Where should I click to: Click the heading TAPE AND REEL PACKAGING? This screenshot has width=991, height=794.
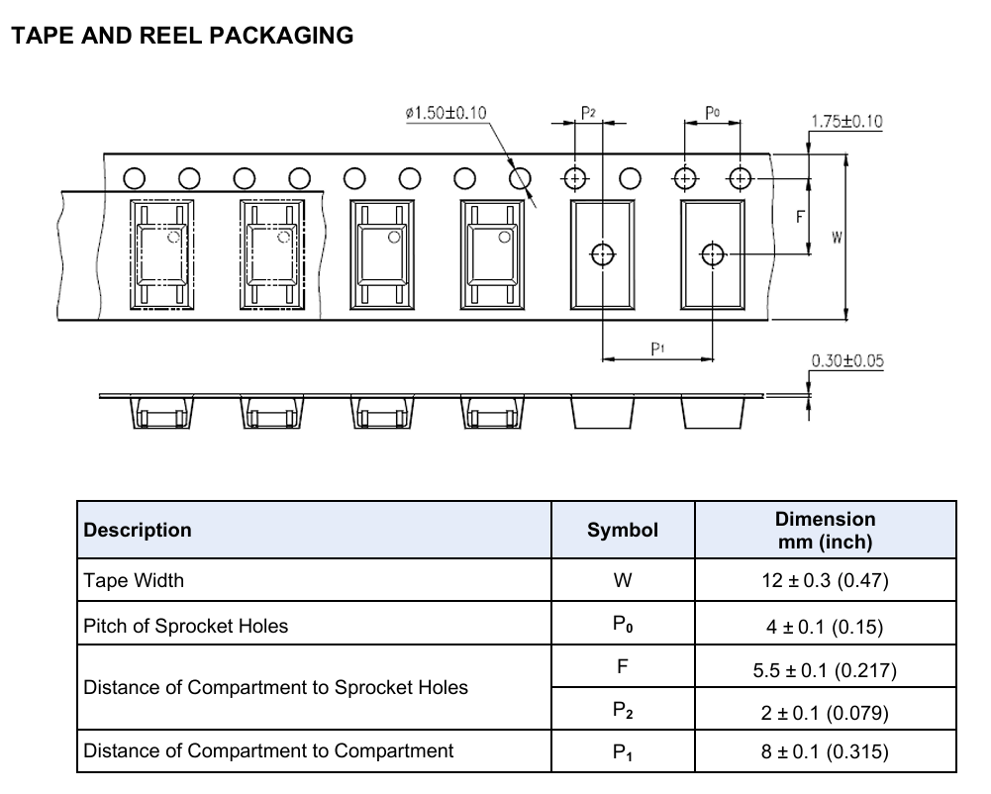pos(182,36)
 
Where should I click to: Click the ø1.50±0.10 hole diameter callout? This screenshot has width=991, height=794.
pos(446,113)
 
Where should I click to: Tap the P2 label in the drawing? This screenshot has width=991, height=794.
pos(588,113)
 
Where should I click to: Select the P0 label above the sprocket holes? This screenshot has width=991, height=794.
pos(712,113)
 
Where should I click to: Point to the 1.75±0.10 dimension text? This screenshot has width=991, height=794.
pos(846,122)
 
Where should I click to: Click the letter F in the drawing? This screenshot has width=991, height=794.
pos(800,217)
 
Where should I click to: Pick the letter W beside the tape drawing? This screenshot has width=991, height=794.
pos(837,238)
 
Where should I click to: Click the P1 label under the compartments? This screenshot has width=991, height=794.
pos(658,348)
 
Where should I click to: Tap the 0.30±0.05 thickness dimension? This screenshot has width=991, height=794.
pos(847,361)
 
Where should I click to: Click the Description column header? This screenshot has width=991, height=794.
pos(138,530)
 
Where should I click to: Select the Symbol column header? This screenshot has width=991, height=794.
pos(623,530)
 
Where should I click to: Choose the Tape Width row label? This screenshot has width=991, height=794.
pos(134,580)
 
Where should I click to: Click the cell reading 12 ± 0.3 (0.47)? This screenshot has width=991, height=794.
pos(825,580)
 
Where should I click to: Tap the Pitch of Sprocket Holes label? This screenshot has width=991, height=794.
pos(185,626)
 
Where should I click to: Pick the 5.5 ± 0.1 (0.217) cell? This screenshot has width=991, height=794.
pos(825,670)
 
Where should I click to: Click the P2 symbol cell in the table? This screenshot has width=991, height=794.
pos(623,711)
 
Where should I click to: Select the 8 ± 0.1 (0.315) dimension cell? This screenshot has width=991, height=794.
pos(825,751)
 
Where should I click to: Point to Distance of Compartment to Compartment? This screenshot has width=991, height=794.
pos(268,750)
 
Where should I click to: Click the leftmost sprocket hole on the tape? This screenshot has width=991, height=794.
pos(134,179)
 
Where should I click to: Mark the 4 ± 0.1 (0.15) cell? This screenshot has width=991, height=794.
pos(825,627)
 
